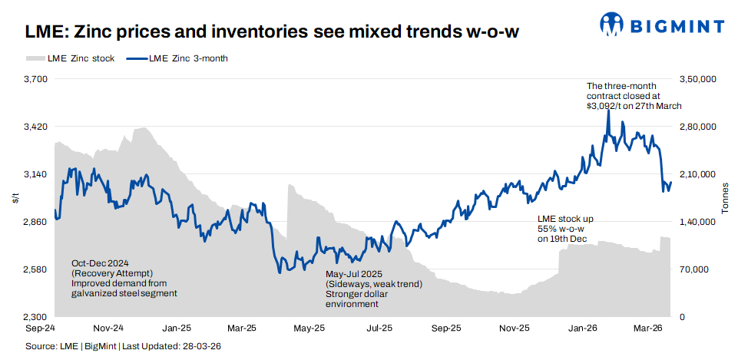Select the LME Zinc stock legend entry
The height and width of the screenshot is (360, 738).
point(70,58)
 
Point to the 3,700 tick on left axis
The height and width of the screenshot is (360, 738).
point(36,79)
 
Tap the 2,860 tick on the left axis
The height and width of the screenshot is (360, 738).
point(36,222)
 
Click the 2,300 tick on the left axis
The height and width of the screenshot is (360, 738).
point(36,317)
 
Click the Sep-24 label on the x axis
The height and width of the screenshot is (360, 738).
point(39,328)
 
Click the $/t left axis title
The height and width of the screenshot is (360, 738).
point(15,198)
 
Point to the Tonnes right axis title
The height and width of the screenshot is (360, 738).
point(725,198)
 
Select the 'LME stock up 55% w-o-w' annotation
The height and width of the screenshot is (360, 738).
point(564,229)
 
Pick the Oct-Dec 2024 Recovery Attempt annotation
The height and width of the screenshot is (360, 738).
point(123,277)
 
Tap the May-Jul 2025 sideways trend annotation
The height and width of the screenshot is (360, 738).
point(373,289)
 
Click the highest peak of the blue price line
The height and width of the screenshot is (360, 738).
point(608,110)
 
